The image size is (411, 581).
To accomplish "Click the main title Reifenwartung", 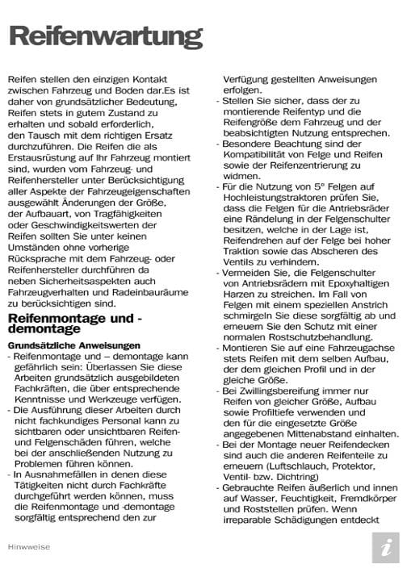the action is coord(105,36).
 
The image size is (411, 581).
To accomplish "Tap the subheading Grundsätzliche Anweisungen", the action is coord(74,345).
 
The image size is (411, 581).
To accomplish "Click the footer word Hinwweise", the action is coord(30,546).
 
